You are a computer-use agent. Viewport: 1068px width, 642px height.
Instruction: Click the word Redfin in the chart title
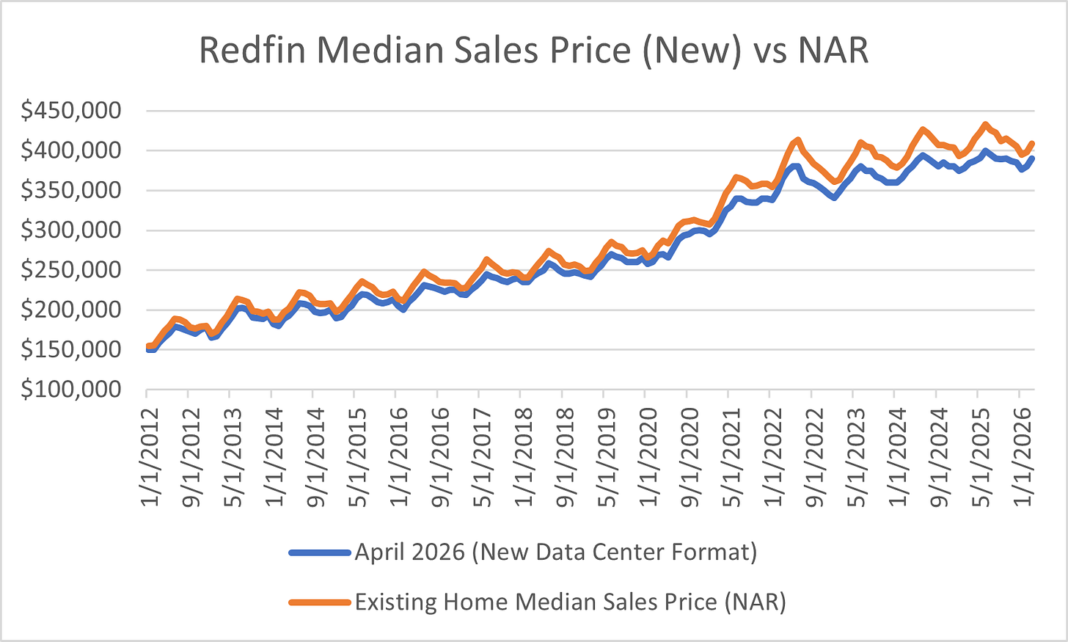[x=252, y=50]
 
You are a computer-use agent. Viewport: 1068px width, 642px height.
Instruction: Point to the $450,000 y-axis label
[x=71, y=111]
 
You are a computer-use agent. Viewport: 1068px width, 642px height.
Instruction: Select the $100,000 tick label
[x=71, y=389]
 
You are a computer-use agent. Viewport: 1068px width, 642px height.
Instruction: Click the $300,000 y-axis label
[x=71, y=230]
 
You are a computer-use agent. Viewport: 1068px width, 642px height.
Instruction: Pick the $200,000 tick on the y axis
[x=71, y=310]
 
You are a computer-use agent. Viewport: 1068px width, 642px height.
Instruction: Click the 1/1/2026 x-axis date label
[x=1021, y=457]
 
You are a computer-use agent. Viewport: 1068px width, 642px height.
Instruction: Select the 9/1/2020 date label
[x=689, y=457]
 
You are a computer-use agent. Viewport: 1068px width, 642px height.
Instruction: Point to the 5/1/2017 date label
[x=481, y=457]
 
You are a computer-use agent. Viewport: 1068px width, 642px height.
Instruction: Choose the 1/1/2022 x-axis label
[x=772, y=457]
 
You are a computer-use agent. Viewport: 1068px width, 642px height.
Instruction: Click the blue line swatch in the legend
[x=320, y=552]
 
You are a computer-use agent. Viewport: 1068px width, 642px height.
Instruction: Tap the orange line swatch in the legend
[x=320, y=602]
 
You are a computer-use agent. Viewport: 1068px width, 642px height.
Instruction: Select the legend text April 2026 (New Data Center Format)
[x=556, y=552]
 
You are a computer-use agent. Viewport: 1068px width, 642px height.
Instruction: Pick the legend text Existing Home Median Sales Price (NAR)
[x=570, y=602]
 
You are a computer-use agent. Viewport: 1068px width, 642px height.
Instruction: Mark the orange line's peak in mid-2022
[x=797, y=139]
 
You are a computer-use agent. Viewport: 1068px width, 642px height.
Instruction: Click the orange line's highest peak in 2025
[x=985, y=125]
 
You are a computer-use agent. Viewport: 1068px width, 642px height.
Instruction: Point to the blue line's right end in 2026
[x=1032, y=158]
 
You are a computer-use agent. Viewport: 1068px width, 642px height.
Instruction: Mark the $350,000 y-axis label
[x=71, y=190]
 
